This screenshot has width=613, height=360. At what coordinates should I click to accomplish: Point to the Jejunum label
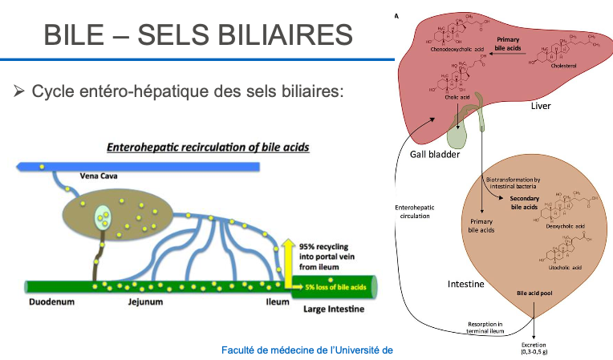coord(145,302)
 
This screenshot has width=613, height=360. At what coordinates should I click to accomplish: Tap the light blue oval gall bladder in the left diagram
coord(102,214)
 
